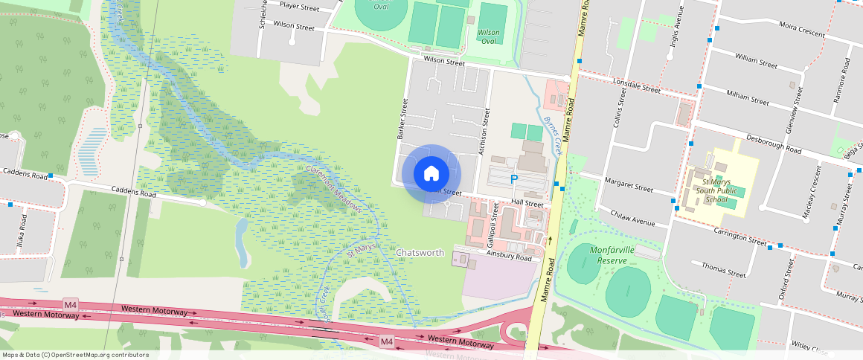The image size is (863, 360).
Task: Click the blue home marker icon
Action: pyautogui.click(x=431, y=174)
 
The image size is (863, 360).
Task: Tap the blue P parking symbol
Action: pyautogui.click(x=513, y=179)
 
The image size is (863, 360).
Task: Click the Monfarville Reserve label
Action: pyautogui.click(x=612, y=255)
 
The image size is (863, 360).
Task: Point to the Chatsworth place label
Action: pyautogui.click(x=420, y=253)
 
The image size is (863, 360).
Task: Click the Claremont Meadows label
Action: pyautogui.click(x=333, y=189)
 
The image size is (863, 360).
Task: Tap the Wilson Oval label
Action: pyautogui.click(x=489, y=36)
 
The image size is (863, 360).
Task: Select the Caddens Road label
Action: pyautogui.click(x=134, y=193)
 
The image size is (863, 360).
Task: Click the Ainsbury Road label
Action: pyautogui.click(x=510, y=256)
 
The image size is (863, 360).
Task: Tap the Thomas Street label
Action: pyautogui.click(x=723, y=269)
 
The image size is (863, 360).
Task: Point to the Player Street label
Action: pyautogui.click(x=299, y=7)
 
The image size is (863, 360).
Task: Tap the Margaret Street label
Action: pyautogui.click(x=629, y=185)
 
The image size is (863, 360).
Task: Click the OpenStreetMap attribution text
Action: pyautogui.click(x=76, y=355)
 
